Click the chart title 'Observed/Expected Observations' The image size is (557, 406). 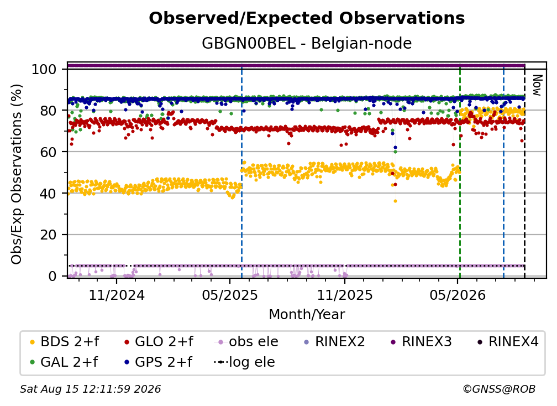point(307,18)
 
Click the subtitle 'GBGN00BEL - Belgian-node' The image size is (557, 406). point(307,43)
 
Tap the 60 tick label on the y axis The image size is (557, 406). point(48,152)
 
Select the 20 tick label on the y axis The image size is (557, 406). point(48,235)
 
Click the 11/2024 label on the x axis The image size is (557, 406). point(117,295)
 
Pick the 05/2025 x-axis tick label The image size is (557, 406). point(230,295)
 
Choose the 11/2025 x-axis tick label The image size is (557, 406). point(345,295)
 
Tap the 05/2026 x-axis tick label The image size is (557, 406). point(458,295)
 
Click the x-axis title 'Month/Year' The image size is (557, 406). point(307,315)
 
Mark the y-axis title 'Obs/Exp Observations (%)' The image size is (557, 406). point(17,174)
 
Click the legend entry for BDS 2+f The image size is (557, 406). point(64,342)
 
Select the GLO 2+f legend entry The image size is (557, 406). point(158,342)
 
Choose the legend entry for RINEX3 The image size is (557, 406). point(421,342)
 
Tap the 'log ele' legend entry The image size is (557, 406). point(244,362)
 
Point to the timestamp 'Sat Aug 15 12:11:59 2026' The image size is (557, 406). point(90,389)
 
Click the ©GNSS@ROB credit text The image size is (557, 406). point(499,389)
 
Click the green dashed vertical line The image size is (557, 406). point(460,171)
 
